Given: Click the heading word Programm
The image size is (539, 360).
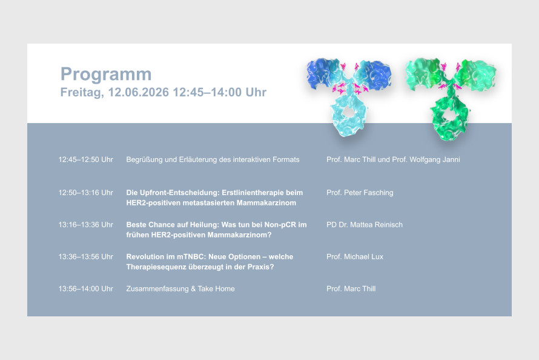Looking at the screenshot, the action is pyautogui.click(x=106, y=75).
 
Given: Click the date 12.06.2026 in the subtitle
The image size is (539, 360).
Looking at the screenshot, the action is pyautogui.click(x=139, y=92).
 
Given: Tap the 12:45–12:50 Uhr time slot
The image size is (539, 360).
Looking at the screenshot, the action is pyautogui.click(x=85, y=159).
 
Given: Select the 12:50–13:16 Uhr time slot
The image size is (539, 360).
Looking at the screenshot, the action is pyautogui.click(x=85, y=193).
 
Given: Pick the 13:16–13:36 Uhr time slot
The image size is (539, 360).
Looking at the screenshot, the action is pyautogui.click(x=85, y=224).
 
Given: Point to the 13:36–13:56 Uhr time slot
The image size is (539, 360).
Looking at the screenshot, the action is pyautogui.click(x=85, y=256).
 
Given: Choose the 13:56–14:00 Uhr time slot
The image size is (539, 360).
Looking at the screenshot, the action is pyautogui.click(x=85, y=288).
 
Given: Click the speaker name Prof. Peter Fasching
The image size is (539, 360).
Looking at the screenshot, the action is pyautogui.click(x=360, y=193).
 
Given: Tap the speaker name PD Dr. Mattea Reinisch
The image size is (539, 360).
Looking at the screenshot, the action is pyautogui.click(x=365, y=224).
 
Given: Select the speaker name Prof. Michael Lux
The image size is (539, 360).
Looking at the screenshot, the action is pyautogui.click(x=355, y=256).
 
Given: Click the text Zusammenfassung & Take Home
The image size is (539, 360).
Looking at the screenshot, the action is pyautogui.click(x=180, y=288).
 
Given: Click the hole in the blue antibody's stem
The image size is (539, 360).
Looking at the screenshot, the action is pyautogui.click(x=348, y=112).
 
